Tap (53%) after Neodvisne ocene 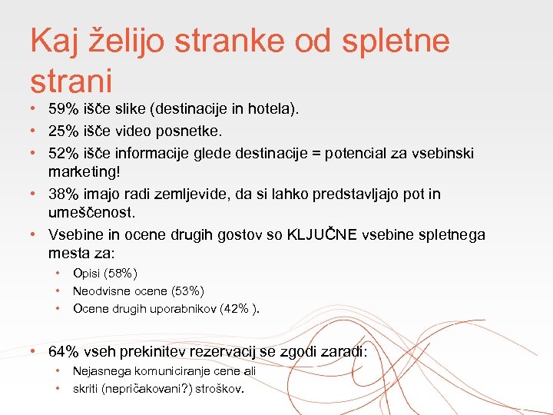click(187, 290)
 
